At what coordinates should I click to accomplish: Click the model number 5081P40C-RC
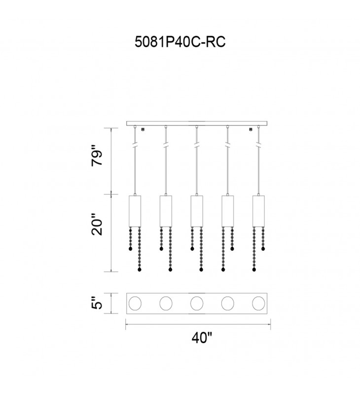coord(180,42)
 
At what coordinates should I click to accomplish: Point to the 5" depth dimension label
coord(97,303)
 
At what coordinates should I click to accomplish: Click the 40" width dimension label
coord(202,338)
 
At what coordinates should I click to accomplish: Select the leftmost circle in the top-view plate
coord(135,303)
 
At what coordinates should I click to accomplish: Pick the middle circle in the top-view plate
coord(197,303)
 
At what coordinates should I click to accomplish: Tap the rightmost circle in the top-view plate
coord(258,303)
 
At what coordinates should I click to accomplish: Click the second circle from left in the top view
coord(166,303)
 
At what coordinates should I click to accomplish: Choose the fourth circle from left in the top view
coord(228,303)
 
